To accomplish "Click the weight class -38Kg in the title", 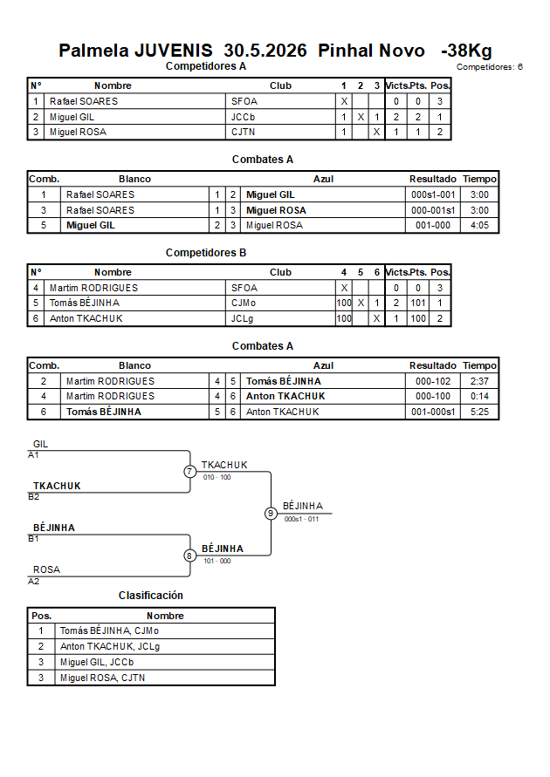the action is pyautogui.click(x=466, y=51).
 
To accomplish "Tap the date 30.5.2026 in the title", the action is pyautogui.click(x=265, y=51).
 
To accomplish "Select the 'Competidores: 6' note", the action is pyautogui.click(x=490, y=67).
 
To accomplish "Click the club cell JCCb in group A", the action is pyautogui.click(x=243, y=117).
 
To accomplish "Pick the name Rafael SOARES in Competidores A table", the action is pyautogui.click(x=84, y=101).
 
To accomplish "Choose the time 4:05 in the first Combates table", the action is pyautogui.click(x=479, y=226).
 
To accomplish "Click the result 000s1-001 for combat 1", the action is pyautogui.click(x=433, y=194).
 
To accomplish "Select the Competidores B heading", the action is pyautogui.click(x=206, y=253).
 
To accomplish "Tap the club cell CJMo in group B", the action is pyautogui.click(x=244, y=303).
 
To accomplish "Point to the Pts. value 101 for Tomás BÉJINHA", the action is pyautogui.click(x=418, y=303).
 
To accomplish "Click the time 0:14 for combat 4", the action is pyautogui.click(x=479, y=397).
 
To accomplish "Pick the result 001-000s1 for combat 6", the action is pyautogui.click(x=433, y=412).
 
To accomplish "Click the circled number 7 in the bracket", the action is pyautogui.click(x=190, y=471).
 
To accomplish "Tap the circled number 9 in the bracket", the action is pyautogui.click(x=271, y=514).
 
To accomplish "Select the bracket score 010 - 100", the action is pyautogui.click(x=217, y=477).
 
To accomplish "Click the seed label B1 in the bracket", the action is pyautogui.click(x=33, y=539).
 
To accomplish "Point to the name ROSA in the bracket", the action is pyautogui.click(x=46, y=569).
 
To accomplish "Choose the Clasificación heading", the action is pyautogui.click(x=151, y=596).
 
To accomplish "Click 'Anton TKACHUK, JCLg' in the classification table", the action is pyautogui.click(x=110, y=647).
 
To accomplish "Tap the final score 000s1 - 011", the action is pyautogui.click(x=301, y=520).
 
